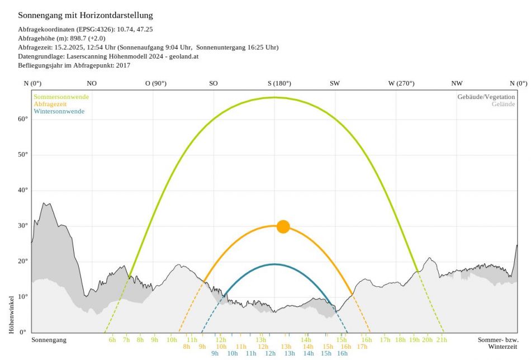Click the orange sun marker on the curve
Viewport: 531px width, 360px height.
click(283, 226)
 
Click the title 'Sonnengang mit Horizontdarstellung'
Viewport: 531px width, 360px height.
click(86, 15)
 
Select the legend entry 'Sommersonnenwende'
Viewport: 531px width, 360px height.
click(61, 97)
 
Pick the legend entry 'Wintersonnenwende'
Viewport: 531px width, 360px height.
click(59, 111)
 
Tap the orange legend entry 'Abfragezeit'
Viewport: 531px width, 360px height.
click(51, 104)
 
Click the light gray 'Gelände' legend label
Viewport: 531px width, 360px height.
click(503, 104)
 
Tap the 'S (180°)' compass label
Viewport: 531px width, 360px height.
click(279, 83)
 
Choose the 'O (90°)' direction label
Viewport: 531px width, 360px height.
click(156, 83)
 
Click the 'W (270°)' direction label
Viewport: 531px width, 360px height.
click(401, 83)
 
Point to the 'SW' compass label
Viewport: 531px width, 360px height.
click(334, 83)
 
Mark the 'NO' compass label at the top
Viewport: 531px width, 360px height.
click(92, 83)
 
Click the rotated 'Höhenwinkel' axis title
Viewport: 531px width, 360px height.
click(11, 315)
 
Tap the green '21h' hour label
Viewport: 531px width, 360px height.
click(442, 340)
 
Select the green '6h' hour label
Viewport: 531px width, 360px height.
click(112, 340)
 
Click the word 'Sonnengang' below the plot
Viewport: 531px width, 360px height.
click(49, 340)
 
